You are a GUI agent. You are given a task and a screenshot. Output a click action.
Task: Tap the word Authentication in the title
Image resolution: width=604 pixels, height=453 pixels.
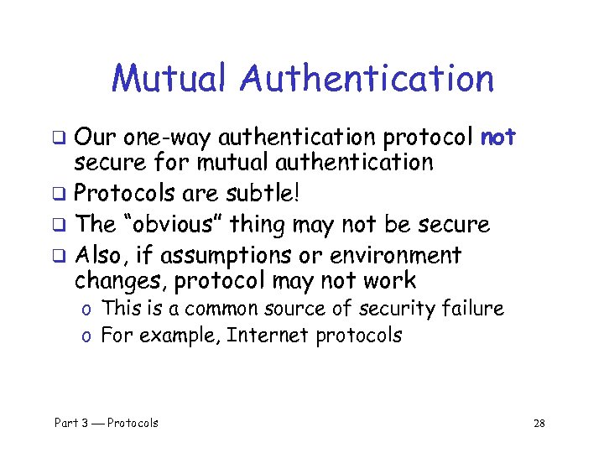click(367, 79)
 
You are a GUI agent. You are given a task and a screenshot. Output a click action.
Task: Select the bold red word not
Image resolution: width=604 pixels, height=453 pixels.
click(498, 137)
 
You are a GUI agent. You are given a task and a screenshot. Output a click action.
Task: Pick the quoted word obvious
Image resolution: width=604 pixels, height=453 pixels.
click(176, 224)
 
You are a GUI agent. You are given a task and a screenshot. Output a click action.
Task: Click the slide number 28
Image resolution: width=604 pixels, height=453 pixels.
click(539, 423)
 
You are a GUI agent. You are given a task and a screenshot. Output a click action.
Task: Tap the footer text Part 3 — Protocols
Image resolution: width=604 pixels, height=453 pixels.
click(107, 423)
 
